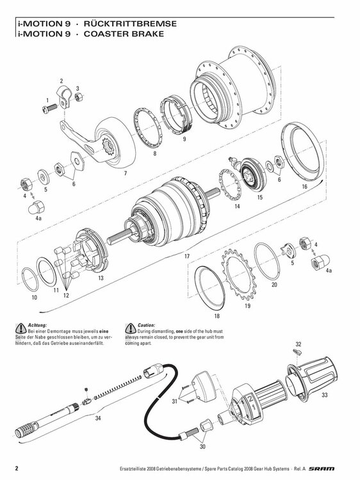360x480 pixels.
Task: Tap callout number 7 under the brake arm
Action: (126, 173)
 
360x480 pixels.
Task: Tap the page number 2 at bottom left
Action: (17, 467)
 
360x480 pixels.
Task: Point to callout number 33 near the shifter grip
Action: (324, 396)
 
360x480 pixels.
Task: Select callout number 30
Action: (202, 447)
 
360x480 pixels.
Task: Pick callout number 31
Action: (174, 401)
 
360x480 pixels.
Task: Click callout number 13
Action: (101, 278)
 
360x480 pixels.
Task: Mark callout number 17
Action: (187, 256)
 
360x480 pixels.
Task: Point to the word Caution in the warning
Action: (146, 324)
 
